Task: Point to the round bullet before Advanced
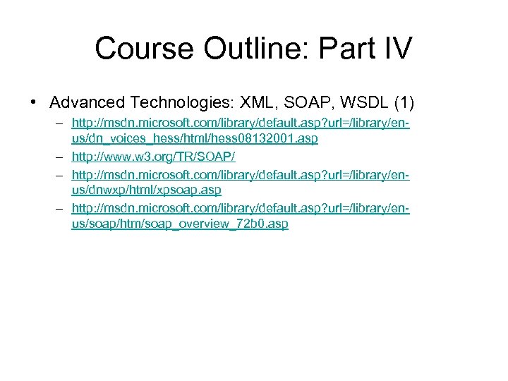tap(34, 102)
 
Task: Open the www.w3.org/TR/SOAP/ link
tap(163, 156)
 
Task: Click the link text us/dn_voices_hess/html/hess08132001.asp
tap(194, 139)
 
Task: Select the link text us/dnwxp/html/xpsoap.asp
tap(146, 190)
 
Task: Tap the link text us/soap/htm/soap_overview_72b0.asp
tap(180, 224)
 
